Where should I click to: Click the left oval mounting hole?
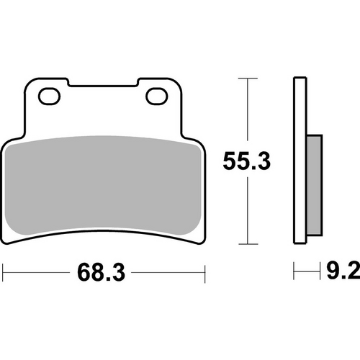[x=51, y=95]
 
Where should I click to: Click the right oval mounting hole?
[x=156, y=95]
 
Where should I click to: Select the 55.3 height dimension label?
[x=247, y=162]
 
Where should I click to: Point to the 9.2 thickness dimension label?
[x=342, y=272]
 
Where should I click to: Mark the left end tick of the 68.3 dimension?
[x=4, y=272]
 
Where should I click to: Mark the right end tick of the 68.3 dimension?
[x=206, y=272]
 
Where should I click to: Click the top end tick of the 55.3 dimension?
[x=247, y=77]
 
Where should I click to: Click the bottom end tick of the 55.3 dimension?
[x=247, y=244]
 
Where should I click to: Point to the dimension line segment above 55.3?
[x=247, y=112]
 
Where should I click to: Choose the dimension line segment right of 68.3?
[x=169, y=272]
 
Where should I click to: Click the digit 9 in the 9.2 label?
[x=333, y=272]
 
